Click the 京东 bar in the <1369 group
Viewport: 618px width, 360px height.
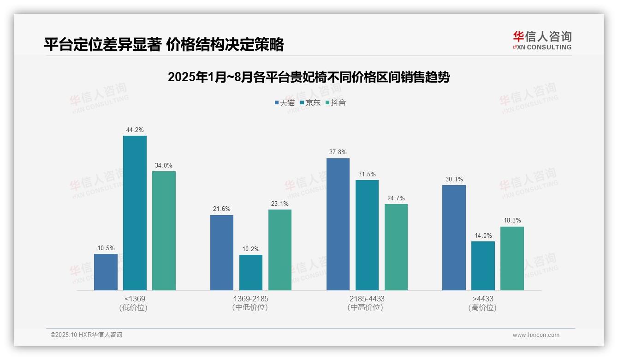[135, 213]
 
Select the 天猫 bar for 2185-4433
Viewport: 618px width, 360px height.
[338, 224]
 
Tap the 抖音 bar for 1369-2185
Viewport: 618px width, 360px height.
[280, 250]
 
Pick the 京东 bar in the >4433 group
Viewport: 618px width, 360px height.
[483, 266]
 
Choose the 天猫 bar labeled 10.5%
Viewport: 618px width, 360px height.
[106, 272]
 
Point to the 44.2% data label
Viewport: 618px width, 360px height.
[135, 130]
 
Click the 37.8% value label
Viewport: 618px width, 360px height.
[338, 152]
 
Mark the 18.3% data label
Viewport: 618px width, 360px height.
[512, 221]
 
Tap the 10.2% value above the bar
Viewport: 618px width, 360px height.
[251, 249]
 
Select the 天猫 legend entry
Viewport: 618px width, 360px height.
[285, 103]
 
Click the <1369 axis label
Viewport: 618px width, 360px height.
[135, 299]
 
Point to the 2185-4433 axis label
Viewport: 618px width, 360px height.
[367, 299]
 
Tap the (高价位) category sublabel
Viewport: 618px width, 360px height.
[483, 307]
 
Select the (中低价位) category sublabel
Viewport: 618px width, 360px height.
[250, 307]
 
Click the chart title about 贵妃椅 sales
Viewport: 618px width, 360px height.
[309, 77]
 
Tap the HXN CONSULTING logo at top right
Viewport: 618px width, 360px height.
[542, 41]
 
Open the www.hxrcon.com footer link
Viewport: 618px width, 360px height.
[536, 335]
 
